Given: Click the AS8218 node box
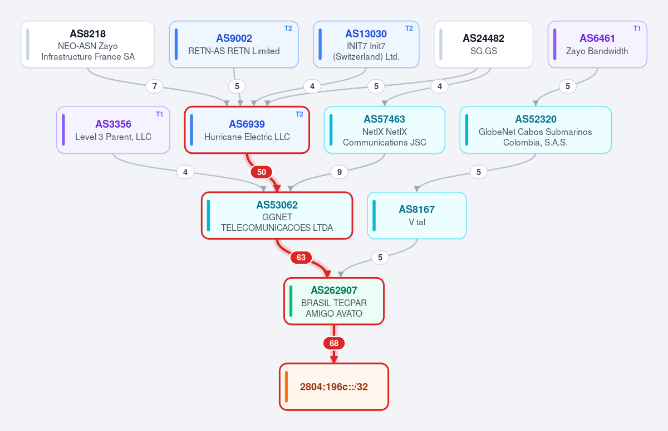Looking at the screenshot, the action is (x=88, y=44).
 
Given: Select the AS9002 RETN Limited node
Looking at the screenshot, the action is (x=234, y=44).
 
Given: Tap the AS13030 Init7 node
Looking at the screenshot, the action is (x=366, y=44).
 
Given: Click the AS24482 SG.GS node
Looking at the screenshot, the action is (x=483, y=44).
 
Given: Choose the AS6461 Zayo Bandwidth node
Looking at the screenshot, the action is (x=597, y=44).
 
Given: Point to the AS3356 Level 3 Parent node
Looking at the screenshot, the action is (x=114, y=130).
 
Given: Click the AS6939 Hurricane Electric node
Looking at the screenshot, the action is (x=247, y=130).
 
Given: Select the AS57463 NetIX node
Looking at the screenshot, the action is (x=385, y=130).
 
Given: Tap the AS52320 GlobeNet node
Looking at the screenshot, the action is (x=536, y=130).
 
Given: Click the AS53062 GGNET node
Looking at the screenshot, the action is (x=277, y=216).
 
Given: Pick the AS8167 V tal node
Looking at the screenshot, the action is (x=416, y=216).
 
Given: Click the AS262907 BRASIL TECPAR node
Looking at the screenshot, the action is (x=333, y=301).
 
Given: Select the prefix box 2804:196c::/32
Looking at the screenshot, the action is (x=333, y=387).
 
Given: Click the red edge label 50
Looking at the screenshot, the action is (x=262, y=172).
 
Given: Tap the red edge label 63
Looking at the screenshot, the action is (x=301, y=258).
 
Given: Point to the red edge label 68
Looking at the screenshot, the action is (x=334, y=343).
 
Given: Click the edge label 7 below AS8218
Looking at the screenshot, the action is (x=155, y=86).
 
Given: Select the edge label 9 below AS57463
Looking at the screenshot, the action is (x=340, y=172).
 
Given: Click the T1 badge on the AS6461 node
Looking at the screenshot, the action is (x=637, y=28).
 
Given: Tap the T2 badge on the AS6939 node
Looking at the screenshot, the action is (x=299, y=114).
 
